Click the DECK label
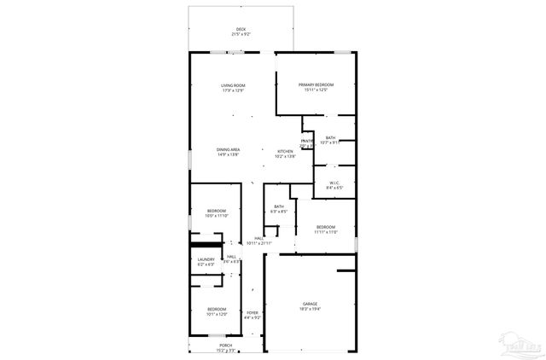point(242,30)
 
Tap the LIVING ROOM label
point(233,85)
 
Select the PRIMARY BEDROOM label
point(316,84)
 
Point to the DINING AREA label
point(228,149)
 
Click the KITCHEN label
point(285,152)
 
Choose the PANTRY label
point(307,141)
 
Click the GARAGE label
point(310,304)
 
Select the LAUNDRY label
point(206,259)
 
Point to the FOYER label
point(252,313)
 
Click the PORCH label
point(225,345)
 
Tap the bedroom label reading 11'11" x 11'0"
point(326,228)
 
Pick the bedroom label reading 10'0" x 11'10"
point(217,211)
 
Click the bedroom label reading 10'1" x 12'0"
point(217,310)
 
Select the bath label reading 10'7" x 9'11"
point(330,138)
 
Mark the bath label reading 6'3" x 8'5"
point(279,206)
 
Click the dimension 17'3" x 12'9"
point(233,90)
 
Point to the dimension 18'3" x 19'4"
point(310,310)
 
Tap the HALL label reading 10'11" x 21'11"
point(259,239)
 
